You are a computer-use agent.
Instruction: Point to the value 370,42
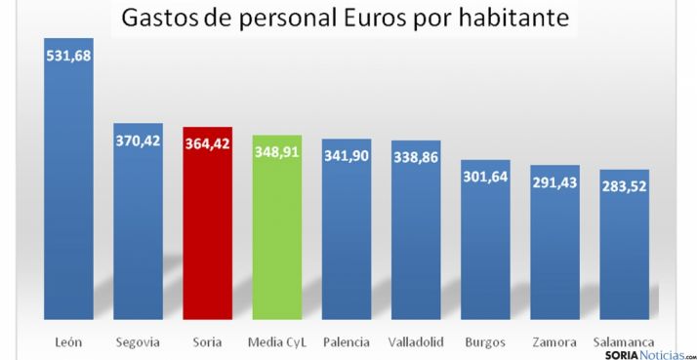click(138, 140)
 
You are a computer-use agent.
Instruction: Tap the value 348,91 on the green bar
click(276, 152)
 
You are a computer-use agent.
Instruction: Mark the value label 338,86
click(416, 158)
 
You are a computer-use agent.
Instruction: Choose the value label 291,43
click(554, 182)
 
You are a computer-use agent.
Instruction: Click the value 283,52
click(624, 186)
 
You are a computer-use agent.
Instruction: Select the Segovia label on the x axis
click(138, 341)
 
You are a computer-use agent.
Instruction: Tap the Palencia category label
click(347, 341)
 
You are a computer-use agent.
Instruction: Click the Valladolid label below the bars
click(416, 341)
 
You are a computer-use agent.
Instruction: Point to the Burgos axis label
click(485, 341)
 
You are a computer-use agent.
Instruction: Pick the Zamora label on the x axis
click(554, 341)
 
